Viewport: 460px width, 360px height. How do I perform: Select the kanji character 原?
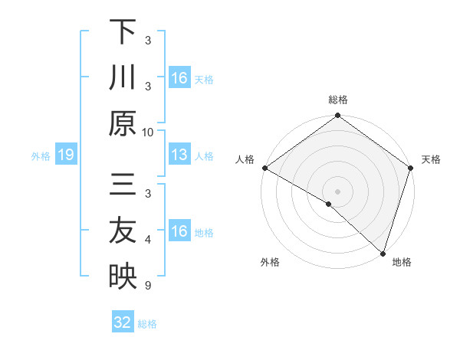pyautogui.click(x=123, y=124)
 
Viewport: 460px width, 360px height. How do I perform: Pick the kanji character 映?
pyautogui.click(x=123, y=276)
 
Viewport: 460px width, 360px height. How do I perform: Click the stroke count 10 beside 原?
pyautogui.click(x=148, y=132)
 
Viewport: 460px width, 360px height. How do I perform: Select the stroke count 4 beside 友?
pyautogui.click(x=148, y=241)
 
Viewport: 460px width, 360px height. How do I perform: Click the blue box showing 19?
pyautogui.click(x=65, y=155)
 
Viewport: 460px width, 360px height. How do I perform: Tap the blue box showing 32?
pyautogui.click(x=123, y=322)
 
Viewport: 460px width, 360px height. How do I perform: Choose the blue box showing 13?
pyautogui.click(x=179, y=155)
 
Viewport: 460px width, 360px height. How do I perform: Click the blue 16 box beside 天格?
pyautogui.click(x=179, y=78)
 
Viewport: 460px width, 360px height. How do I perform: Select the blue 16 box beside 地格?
pyautogui.click(x=179, y=231)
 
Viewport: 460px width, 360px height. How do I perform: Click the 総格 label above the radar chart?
pyautogui.click(x=338, y=100)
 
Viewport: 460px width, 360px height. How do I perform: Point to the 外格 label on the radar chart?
pyautogui.click(x=270, y=262)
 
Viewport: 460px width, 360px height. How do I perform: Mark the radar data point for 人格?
pyautogui.click(x=264, y=168)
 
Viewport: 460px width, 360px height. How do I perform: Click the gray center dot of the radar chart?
pyautogui.click(x=338, y=191)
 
